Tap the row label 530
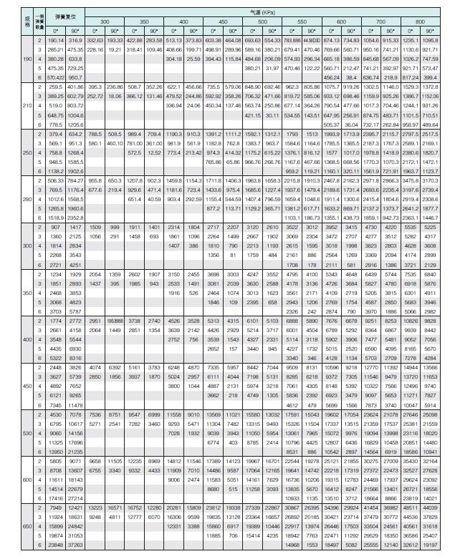point(8,433)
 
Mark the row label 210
point(8,104)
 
